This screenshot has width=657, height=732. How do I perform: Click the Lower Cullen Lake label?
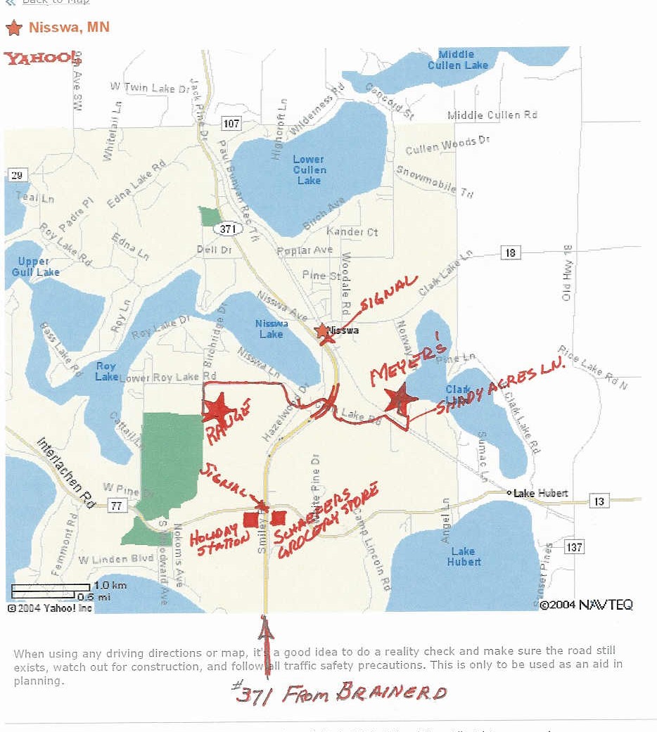310,170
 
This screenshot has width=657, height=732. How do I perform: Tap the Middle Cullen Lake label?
458,60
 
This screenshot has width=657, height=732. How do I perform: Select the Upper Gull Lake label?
34,267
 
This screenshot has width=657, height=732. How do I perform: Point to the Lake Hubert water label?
464,556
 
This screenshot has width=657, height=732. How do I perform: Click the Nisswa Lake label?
272,328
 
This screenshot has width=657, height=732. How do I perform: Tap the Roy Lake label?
106,371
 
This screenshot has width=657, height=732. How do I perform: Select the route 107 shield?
231,124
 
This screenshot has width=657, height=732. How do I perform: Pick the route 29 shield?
18,175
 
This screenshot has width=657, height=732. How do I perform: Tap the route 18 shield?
510,252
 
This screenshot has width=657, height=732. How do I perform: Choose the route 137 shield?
574,546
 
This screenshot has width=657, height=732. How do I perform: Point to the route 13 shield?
599,501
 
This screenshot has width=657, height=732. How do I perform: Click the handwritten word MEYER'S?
409,364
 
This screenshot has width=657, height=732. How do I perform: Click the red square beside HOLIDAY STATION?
250,520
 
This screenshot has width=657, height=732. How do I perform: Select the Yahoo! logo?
42,58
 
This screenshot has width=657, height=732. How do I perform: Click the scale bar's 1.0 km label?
110,586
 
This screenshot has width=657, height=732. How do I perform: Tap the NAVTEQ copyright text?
586,605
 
